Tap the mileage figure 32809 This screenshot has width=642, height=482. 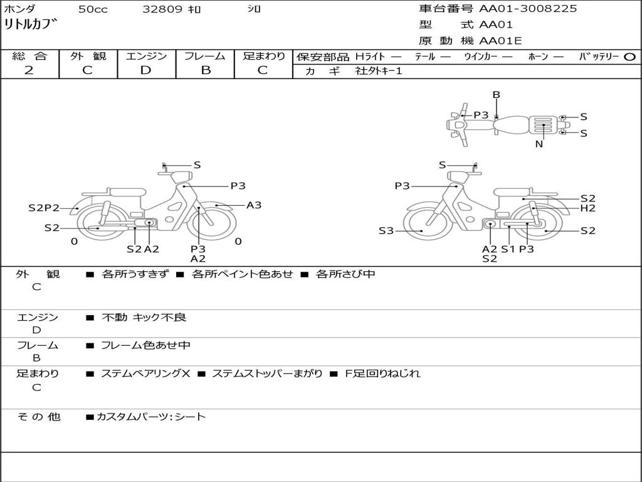[x=162, y=9]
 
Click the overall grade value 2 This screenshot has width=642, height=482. [x=29, y=70]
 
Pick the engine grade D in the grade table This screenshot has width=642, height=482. [x=146, y=70]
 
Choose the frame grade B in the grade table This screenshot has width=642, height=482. [x=206, y=70]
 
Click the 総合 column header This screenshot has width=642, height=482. [x=29, y=56]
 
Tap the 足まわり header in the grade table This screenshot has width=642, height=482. [x=264, y=56]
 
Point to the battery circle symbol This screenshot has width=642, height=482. [x=630, y=57]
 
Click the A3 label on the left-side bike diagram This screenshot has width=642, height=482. [x=254, y=205]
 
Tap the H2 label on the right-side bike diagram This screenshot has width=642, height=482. [x=587, y=208]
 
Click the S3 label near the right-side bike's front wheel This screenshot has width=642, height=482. [x=387, y=231]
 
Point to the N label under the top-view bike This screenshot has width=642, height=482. [x=539, y=144]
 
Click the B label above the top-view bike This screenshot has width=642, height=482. [x=496, y=95]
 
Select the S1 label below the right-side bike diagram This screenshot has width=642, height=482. [x=507, y=249]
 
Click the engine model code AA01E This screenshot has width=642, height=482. [x=500, y=41]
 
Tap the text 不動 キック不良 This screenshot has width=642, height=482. [x=144, y=318]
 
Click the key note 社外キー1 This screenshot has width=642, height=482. [x=379, y=71]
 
